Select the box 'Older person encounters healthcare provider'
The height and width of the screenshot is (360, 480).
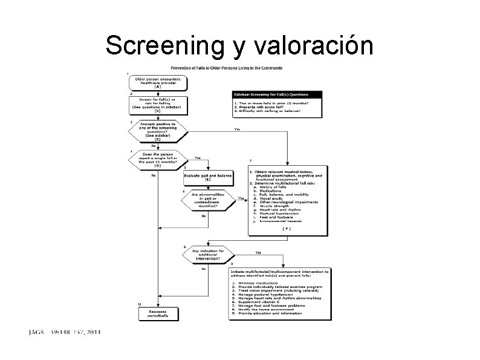157,83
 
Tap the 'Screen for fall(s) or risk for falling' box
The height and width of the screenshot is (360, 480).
157,105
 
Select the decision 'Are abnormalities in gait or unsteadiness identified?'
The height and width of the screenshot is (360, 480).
207,199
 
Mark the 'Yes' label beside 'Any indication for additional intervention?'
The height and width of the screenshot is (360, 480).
259,252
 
